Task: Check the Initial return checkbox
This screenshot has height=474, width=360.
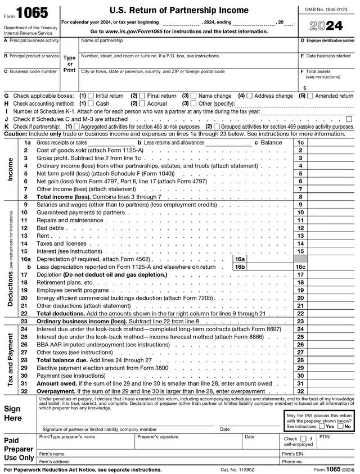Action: pyautogui.click(x=91, y=96)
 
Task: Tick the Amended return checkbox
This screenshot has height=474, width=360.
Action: pyautogui.click(x=310, y=96)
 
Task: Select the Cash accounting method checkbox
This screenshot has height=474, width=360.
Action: pyautogui.click(x=91, y=104)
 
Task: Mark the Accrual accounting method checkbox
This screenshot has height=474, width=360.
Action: pyautogui.click(x=142, y=104)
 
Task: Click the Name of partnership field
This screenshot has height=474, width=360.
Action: pyautogui.click(x=188, y=47)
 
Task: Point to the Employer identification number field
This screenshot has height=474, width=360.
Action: pyautogui.click(x=328, y=48)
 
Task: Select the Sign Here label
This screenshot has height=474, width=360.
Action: pyautogui.click(x=13, y=413)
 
